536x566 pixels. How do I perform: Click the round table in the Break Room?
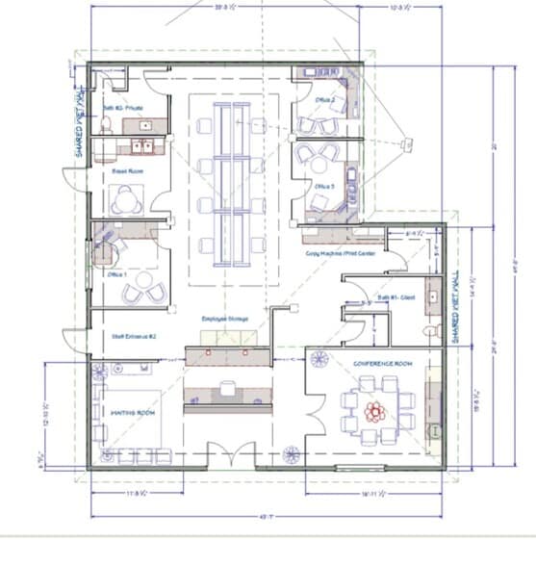pos(126,200)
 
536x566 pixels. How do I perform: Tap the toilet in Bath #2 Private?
pos(107,123)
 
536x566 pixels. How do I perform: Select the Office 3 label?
pos(323,187)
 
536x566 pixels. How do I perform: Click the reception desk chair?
pos(227,388)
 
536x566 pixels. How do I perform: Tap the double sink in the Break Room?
pos(143,147)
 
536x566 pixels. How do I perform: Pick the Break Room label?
pos(120,170)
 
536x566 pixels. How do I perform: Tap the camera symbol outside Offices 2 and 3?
pos(407,144)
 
